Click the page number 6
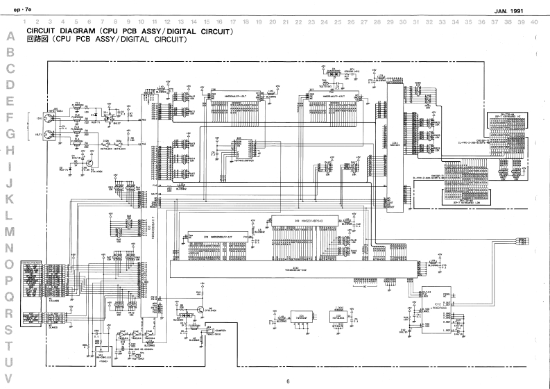(287, 381)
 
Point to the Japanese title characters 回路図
(35, 40)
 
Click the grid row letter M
(10, 231)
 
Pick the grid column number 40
(533, 22)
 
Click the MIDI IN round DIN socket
(50, 117)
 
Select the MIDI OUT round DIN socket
(50, 134)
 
